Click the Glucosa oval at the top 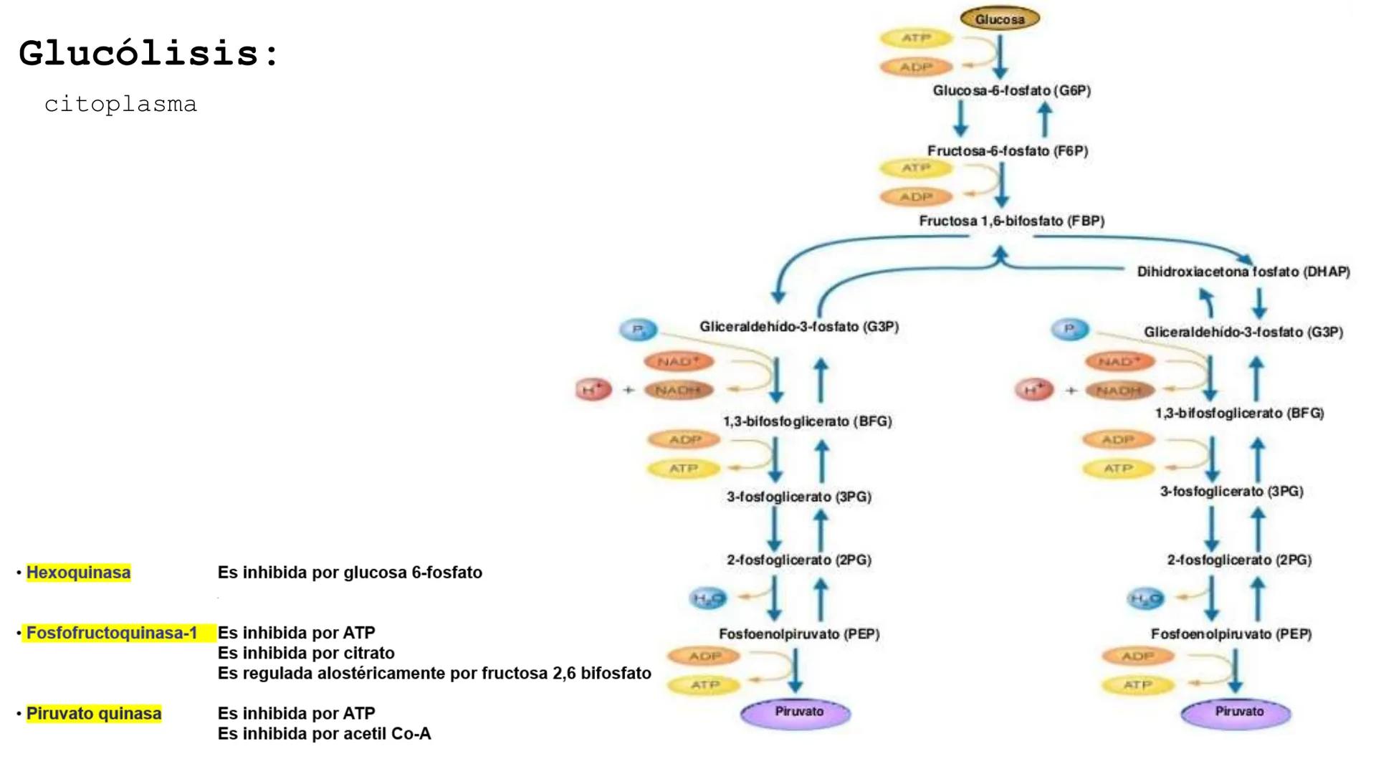[1000, 19]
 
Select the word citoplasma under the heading [120, 105]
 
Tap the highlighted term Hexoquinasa [78, 573]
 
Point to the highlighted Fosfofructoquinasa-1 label [112, 634]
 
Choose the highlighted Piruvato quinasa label [94, 714]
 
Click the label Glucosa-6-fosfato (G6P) [1011, 91]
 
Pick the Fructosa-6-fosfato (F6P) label [1008, 151]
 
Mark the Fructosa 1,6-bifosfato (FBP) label [1011, 221]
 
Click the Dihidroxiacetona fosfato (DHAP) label [1243, 272]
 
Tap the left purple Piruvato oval [796, 713]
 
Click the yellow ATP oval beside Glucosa [916, 38]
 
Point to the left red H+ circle [593, 389]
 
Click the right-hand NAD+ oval [1119, 361]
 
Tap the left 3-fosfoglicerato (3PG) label [799, 497]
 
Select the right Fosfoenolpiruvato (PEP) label [1231, 634]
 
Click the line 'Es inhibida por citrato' [306, 654]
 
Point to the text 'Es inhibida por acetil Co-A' [324, 734]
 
